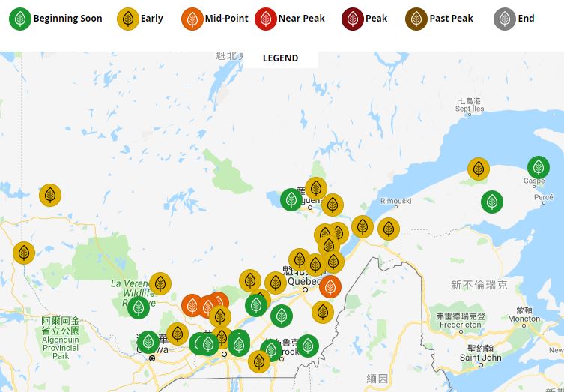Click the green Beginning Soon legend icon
(x=20, y=19)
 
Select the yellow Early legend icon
(x=129, y=19)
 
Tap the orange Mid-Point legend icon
(x=192, y=19)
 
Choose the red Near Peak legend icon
(x=266, y=19)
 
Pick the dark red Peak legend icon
(x=353, y=19)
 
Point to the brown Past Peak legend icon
(x=417, y=19)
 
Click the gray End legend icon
(x=505, y=19)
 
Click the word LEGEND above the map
(x=280, y=58)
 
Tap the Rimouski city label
(x=396, y=201)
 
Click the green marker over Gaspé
(x=538, y=167)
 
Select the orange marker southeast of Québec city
(x=330, y=286)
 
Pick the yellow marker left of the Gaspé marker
(x=479, y=169)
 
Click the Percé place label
(x=544, y=197)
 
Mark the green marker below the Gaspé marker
(x=492, y=202)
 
